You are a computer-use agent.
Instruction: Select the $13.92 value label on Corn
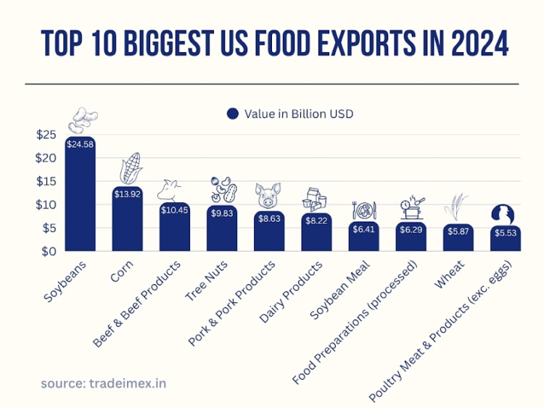click(x=128, y=195)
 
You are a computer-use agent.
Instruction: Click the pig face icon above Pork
click(x=268, y=195)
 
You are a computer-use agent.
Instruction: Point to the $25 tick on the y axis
click(x=46, y=135)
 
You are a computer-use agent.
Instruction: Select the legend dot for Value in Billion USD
click(x=233, y=114)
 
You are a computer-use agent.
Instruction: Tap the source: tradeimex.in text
click(x=103, y=383)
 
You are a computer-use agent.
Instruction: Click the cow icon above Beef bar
click(x=173, y=190)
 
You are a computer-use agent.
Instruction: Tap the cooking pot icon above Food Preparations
click(x=411, y=207)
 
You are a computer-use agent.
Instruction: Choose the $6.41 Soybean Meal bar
click(x=363, y=238)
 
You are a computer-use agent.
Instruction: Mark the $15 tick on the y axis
click(x=46, y=181)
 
